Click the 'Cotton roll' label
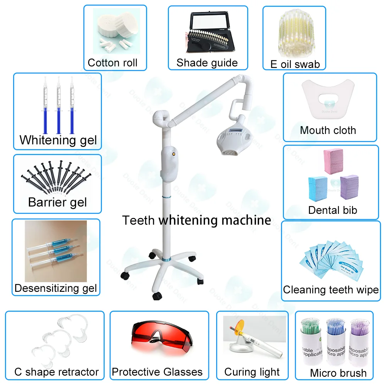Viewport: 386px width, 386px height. point(112,63)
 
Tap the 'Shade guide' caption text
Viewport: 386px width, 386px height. point(207,63)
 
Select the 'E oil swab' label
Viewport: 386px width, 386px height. point(295,64)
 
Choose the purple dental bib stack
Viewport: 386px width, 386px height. point(349,186)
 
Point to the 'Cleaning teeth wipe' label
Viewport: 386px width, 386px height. point(331,289)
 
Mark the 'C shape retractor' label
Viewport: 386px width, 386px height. point(56,372)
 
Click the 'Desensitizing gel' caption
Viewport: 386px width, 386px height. point(56,288)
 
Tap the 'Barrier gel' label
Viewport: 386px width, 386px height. point(58,202)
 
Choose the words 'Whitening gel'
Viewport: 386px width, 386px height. point(58,140)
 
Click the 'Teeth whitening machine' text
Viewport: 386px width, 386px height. point(196,220)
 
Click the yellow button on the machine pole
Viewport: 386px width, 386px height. point(174,153)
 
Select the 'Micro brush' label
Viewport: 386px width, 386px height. point(338,373)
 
